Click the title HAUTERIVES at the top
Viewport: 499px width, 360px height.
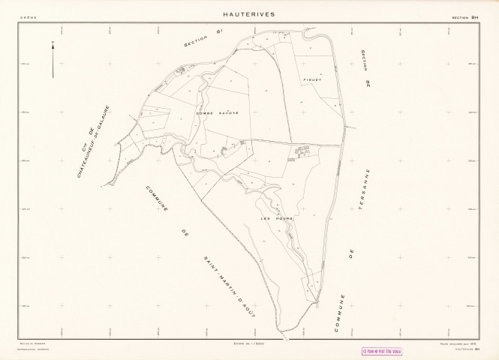[249, 13]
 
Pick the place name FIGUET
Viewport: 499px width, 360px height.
[313, 78]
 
